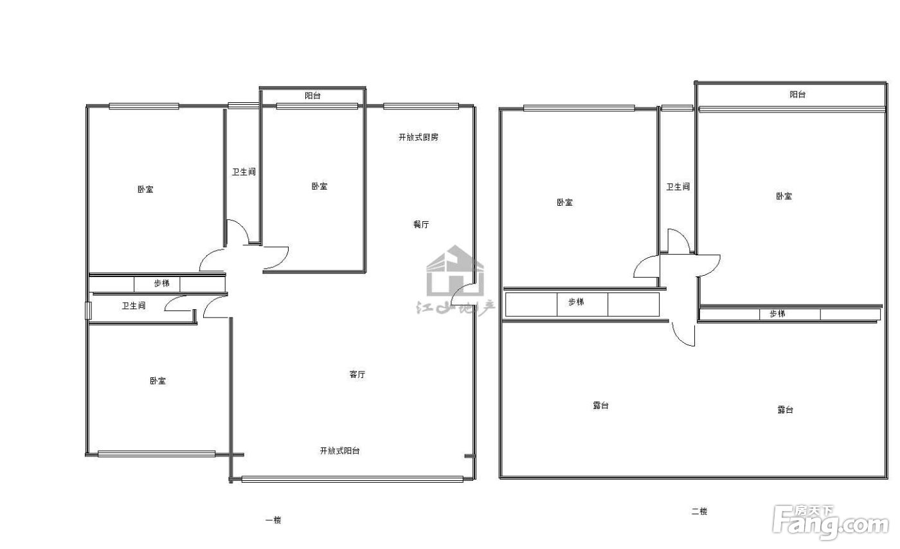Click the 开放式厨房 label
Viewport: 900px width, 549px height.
pos(419,138)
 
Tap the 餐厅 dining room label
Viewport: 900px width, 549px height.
pos(421,224)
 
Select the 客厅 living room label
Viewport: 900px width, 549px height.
pos(357,375)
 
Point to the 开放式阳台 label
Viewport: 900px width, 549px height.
pos(340,451)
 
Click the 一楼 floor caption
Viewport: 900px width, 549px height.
pos(273,521)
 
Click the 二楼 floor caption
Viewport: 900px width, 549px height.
pos(699,512)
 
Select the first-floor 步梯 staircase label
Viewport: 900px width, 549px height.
pos(161,283)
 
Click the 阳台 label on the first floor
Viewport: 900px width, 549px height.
pos(312,96)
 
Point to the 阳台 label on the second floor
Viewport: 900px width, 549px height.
pos(798,94)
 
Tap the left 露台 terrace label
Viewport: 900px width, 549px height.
pos(600,406)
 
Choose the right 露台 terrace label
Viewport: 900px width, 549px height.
pos(785,410)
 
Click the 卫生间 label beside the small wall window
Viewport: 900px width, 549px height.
pos(134,306)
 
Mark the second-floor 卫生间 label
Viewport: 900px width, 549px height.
pos(678,187)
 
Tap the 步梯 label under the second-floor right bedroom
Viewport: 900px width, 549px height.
pos(777,314)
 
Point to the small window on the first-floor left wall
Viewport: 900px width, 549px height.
pos(89,310)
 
